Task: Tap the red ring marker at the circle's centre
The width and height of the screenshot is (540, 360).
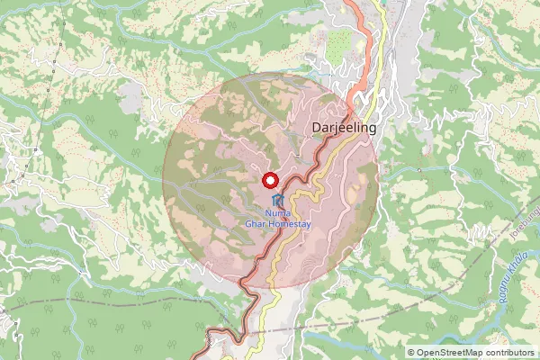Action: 270,179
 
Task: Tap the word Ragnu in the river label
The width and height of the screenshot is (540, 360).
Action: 495,287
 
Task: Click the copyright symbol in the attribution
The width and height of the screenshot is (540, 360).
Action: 411,354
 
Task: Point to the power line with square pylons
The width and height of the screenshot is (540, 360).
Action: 57,54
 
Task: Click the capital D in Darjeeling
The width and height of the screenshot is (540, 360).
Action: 314,128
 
